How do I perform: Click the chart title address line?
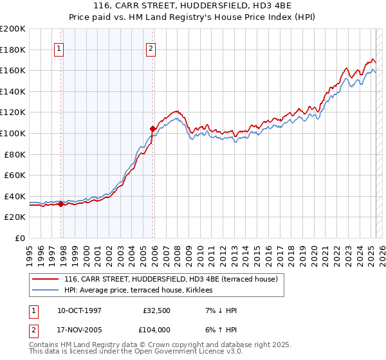(192, 6)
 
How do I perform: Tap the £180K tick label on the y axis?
(13, 49)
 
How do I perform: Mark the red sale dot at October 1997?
(61, 204)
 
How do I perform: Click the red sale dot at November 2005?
(152, 129)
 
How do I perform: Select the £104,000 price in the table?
(155, 329)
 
